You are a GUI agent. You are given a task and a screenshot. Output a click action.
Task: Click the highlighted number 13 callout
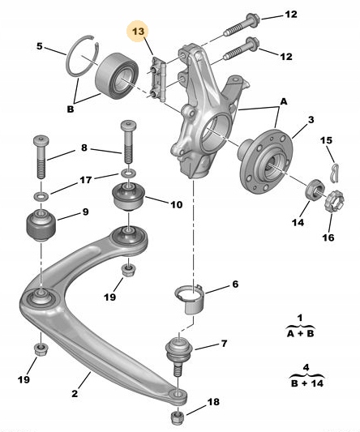pos(139,32)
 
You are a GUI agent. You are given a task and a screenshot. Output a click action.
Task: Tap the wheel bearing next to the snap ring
pos(117,76)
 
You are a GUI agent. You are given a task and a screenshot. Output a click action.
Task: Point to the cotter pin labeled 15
pos(335,173)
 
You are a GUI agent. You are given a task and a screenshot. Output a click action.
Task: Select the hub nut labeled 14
pos(315,189)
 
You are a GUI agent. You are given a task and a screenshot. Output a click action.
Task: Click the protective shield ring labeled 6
pos(191,300)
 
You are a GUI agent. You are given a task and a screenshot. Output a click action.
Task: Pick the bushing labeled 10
pos(129,196)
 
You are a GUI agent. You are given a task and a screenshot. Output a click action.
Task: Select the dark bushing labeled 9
pos(41,225)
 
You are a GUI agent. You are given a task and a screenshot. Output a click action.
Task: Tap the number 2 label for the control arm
pos(75,393)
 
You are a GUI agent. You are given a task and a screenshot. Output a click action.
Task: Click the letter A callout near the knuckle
pos(284,102)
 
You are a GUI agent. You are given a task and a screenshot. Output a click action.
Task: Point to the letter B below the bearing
pos(71,109)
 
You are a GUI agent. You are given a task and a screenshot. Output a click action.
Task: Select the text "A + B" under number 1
pos(300,334)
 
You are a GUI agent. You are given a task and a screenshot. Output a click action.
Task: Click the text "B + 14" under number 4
pos(306,383)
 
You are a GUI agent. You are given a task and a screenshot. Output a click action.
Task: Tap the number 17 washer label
pos(86,180)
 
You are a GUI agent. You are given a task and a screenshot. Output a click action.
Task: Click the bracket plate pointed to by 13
pos(158,79)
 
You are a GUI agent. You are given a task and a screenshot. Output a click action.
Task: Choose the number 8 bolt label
pos(84,148)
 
